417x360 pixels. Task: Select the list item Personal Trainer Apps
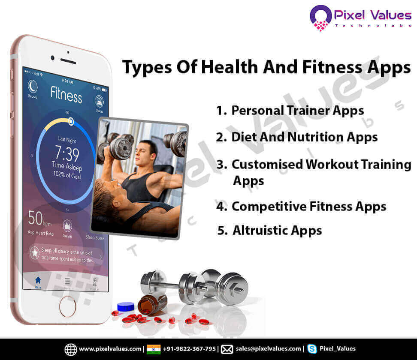pyautogui.click(x=297, y=111)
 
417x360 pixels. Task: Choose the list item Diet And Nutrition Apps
pyautogui.click(x=304, y=137)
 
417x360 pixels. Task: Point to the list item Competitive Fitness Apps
pyautogui.click(x=308, y=207)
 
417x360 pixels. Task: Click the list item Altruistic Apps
pyautogui.click(x=277, y=231)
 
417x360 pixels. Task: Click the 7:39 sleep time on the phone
pyautogui.click(x=67, y=153)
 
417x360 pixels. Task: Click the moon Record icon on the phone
pyautogui.click(x=33, y=87)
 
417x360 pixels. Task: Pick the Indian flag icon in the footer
pyautogui.click(x=154, y=349)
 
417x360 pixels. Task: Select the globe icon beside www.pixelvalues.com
pyautogui.click(x=71, y=349)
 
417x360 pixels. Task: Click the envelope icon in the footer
pyautogui.click(x=227, y=349)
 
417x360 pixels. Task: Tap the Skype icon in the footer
pyautogui.click(x=312, y=349)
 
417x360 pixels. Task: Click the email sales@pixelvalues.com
pyautogui.click(x=268, y=349)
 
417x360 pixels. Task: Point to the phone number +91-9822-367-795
pyautogui.click(x=189, y=349)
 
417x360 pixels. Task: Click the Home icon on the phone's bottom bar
pyautogui.click(x=38, y=282)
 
